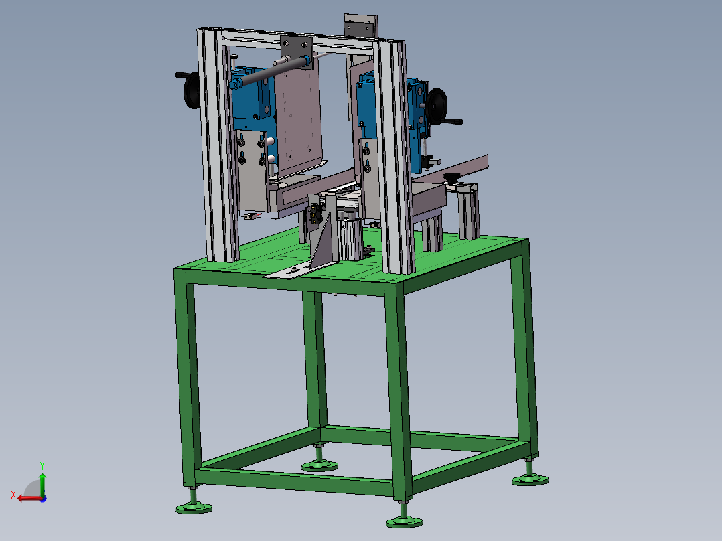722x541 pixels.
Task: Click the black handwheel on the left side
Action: pos(190,91)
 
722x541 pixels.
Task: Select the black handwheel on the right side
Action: pos(437,107)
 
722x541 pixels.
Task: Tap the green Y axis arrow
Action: pos(42,484)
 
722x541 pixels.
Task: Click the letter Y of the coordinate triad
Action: pos(42,466)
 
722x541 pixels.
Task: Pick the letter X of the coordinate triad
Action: pos(13,495)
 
